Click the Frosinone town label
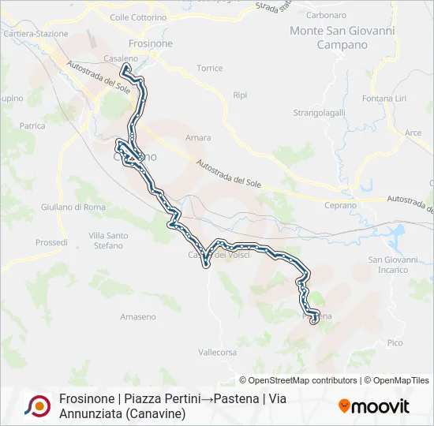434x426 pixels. [x=150, y=44]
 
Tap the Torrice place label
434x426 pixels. [x=210, y=69]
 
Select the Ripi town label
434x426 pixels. [x=240, y=95]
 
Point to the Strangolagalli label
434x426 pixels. [x=320, y=113]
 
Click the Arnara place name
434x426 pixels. [x=197, y=138]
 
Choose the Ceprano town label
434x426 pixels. [x=340, y=205]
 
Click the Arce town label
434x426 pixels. [x=413, y=133]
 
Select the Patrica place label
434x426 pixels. [x=32, y=125]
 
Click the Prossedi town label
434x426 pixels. [x=51, y=243]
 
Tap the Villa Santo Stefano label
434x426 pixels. [x=108, y=241]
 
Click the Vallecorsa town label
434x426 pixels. [x=218, y=353]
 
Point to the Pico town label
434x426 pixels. [x=395, y=343]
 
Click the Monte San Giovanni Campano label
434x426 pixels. [x=342, y=38]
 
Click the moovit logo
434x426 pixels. [x=374, y=407]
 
